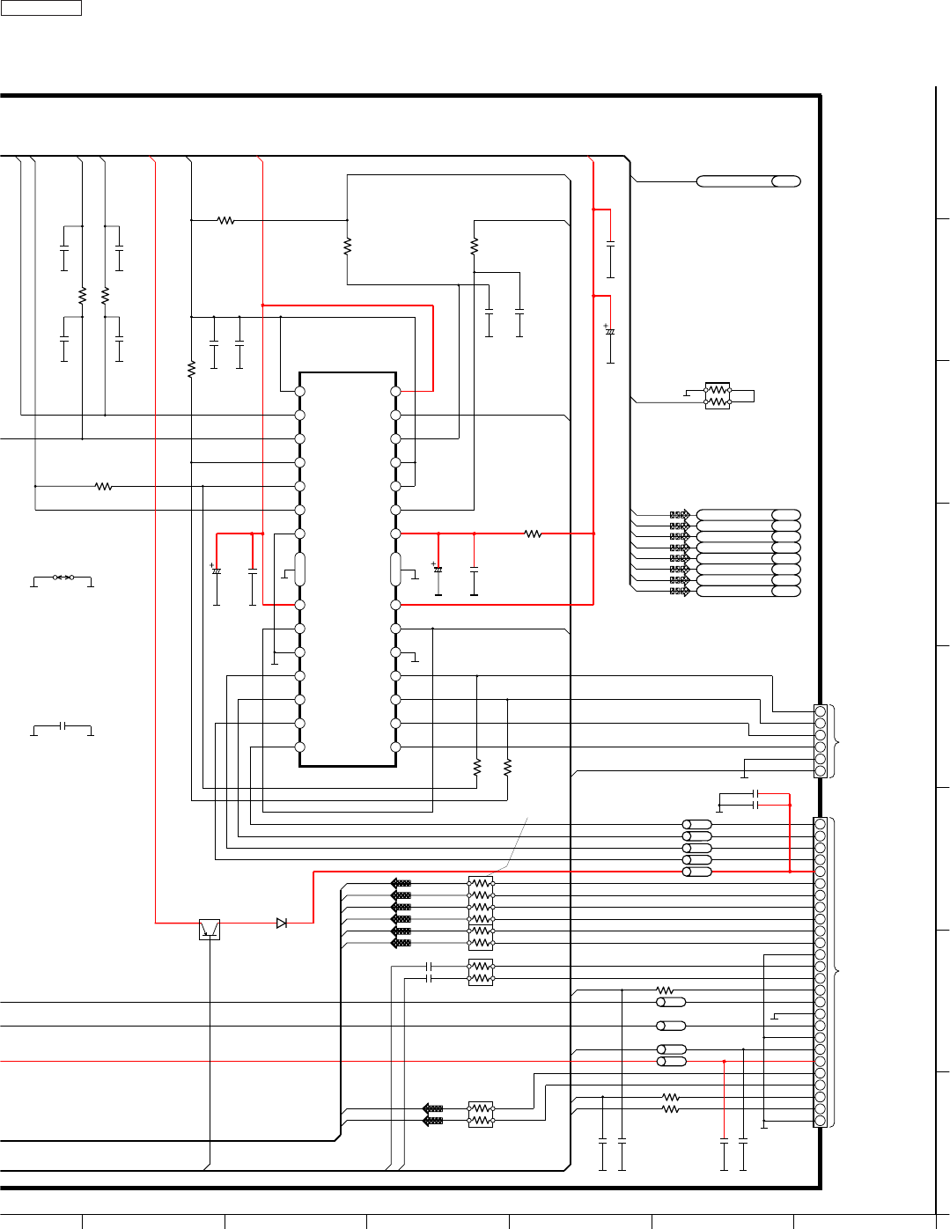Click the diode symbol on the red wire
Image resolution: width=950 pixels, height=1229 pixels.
tap(282, 923)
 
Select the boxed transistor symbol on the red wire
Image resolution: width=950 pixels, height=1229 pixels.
tap(210, 929)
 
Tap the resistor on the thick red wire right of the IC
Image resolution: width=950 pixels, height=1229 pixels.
tap(533, 534)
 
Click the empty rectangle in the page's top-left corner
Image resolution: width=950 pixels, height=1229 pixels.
tap(41, 8)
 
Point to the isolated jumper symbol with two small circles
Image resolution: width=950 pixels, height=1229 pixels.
tap(63, 578)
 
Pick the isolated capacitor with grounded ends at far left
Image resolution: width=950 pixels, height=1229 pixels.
tap(63, 726)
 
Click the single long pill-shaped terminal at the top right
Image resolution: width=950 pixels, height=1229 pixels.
tap(748, 181)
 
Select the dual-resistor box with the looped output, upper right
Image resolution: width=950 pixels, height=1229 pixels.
tap(718, 395)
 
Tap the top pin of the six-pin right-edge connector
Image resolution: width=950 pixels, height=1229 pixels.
tap(821, 711)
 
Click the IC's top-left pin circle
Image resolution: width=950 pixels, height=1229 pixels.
tap(299, 391)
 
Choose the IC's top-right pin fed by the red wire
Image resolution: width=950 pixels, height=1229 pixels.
tap(396, 391)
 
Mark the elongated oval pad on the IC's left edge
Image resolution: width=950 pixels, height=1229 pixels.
tap(299, 569)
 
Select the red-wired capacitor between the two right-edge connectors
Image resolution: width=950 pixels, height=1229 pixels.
tap(756, 805)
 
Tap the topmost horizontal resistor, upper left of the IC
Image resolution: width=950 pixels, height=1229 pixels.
tap(225, 220)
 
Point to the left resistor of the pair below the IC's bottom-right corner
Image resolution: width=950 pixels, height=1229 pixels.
tap(477, 767)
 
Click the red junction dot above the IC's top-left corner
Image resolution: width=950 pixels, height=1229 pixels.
tap(263, 305)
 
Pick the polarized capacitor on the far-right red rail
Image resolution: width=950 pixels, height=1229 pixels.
tap(610, 332)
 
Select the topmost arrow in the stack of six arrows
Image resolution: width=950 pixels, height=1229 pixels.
tap(401, 883)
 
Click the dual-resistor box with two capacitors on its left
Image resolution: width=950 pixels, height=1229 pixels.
tap(481, 972)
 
